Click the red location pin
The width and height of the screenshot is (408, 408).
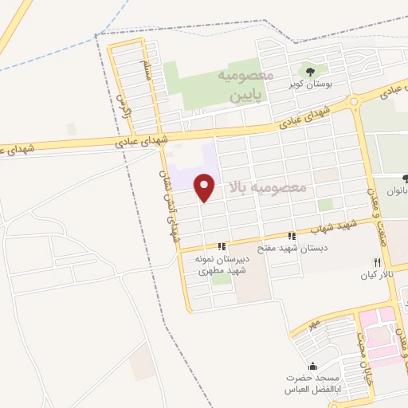[206, 186]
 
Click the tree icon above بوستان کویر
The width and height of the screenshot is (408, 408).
[302, 72]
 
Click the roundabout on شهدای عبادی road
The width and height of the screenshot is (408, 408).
[354, 101]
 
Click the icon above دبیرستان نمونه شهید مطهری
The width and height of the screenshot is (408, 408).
[225, 246]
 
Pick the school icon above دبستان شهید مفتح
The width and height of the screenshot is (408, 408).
[292, 236]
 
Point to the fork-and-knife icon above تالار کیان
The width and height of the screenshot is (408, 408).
[377, 262]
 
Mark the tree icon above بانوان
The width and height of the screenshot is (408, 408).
[406, 178]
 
